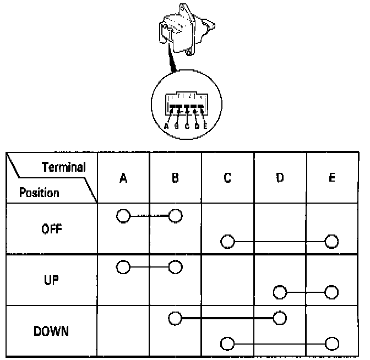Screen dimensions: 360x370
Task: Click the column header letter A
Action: tap(123, 178)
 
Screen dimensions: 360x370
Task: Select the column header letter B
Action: tap(175, 178)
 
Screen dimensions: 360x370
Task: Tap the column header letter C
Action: tap(227, 178)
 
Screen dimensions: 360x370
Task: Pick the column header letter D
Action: tap(280, 178)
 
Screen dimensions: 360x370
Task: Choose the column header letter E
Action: tap(331, 178)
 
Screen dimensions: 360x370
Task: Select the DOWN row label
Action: tap(52, 332)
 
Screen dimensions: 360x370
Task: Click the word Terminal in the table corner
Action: tap(64, 167)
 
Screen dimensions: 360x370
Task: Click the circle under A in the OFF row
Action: tap(123, 216)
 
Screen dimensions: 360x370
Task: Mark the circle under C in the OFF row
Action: tap(227, 241)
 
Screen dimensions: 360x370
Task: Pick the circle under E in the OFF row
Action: tap(331, 241)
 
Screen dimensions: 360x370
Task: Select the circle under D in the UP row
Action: tap(280, 292)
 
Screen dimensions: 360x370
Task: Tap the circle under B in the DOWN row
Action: tap(175, 318)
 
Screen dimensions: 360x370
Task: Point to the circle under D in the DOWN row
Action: tap(280, 318)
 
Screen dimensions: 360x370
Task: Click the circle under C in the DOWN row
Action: tap(227, 344)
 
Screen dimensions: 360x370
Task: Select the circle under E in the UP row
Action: tap(331, 292)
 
